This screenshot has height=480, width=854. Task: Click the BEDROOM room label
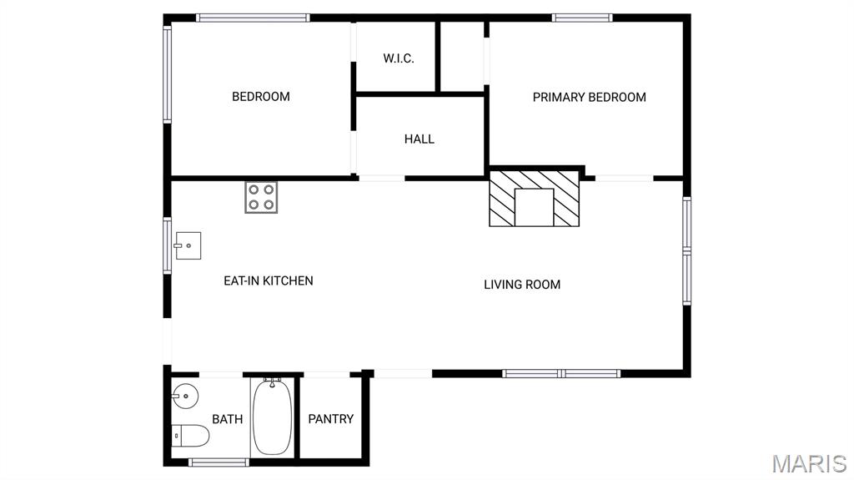tap(260, 97)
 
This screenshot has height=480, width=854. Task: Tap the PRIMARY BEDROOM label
tap(589, 97)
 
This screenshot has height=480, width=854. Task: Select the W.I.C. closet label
tap(398, 58)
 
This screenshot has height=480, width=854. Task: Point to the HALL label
tap(419, 139)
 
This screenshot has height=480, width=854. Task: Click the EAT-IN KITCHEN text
tap(268, 280)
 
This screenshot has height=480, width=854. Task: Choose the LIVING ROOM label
tap(522, 285)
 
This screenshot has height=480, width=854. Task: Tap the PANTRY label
tap(331, 419)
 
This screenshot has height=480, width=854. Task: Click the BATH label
tap(227, 419)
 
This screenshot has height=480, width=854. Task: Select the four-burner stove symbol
tap(261, 197)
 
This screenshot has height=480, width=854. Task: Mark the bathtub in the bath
tap(271, 417)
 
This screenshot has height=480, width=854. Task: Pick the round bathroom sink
tap(183, 397)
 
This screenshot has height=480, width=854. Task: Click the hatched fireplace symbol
tap(534, 199)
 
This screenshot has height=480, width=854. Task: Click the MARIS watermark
tap(808, 463)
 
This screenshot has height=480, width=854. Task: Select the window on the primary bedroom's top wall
tap(581, 18)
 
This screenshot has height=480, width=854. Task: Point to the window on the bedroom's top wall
tap(253, 18)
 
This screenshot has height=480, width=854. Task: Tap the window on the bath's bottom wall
tap(219, 462)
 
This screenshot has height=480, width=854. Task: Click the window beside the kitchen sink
tap(168, 245)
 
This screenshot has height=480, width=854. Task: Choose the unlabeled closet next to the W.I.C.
tap(461, 57)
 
